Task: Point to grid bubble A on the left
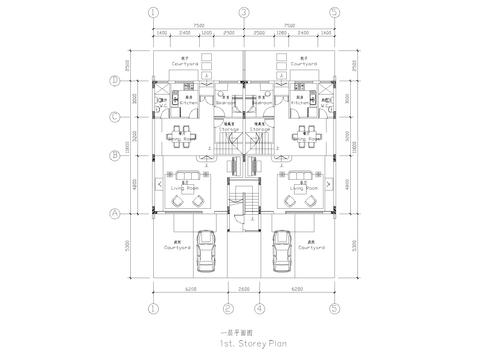(115, 213)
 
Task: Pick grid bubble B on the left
(115, 155)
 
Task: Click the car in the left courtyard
(206, 249)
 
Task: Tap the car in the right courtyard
(281, 249)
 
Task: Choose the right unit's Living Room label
(299, 185)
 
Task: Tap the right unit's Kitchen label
(298, 102)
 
